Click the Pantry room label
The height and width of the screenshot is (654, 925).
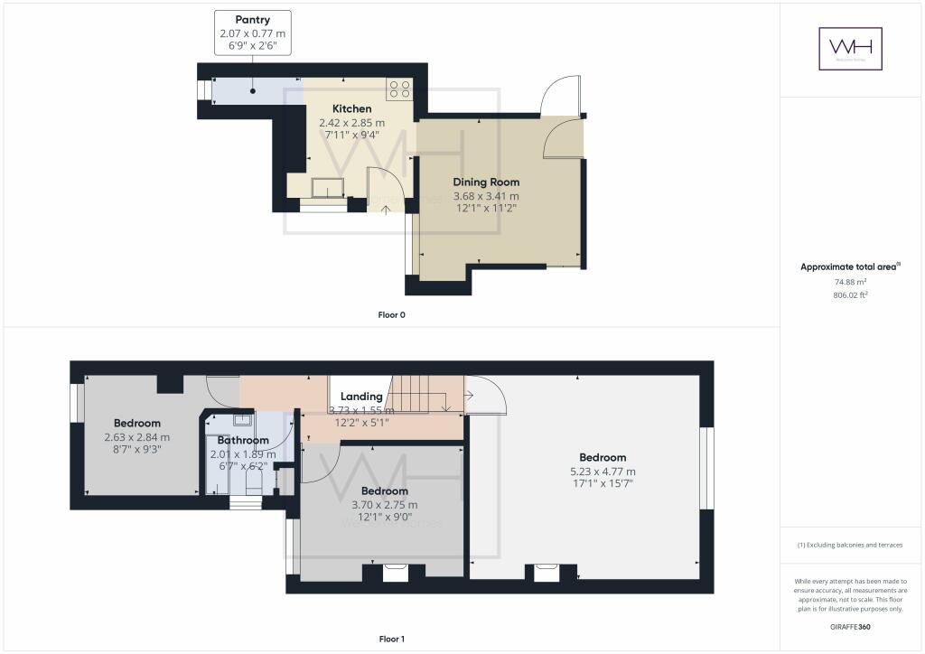click(x=252, y=19)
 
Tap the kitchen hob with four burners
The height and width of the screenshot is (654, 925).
click(x=399, y=89)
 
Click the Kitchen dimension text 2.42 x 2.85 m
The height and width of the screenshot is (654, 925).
click(x=351, y=123)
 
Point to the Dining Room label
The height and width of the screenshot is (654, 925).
click(x=492, y=182)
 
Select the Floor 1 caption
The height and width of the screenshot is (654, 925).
click(x=391, y=639)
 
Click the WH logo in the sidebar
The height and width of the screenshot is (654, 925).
click(x=850, y=49)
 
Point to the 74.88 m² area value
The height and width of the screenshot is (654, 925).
click(x=850, y=281)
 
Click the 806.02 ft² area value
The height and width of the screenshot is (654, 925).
click(x=850, y=294)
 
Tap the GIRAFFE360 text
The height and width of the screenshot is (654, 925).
click(x=850, y=626)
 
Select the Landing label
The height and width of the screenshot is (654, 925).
click(x=361, y=397)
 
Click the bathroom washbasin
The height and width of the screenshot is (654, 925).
click(x=241, y=419)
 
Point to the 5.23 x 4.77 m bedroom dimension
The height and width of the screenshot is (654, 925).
click(x=603, y=472)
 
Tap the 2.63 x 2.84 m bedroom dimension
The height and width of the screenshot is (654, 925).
click(x=137, y=437)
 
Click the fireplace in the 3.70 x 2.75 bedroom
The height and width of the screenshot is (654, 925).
click(x=396, y=572)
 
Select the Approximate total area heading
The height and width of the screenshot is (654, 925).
click(x=847, y=266)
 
